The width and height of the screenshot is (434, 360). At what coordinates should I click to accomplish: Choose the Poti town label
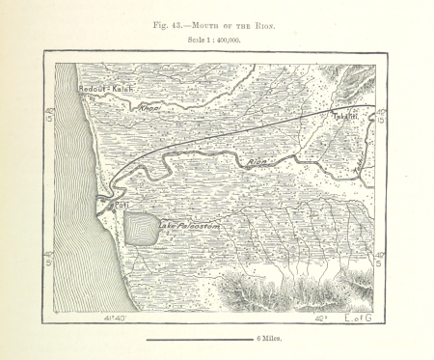coord(122,206)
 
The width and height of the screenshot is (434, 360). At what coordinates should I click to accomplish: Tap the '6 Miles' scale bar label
coord(270,340)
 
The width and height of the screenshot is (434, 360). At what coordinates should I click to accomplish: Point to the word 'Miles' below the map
coord(273,340)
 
